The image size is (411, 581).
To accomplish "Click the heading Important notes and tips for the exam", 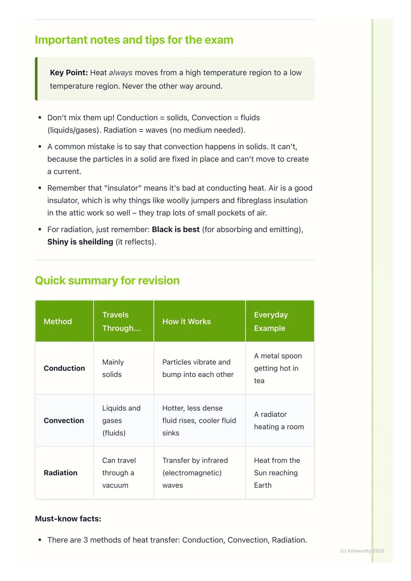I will (x=134, y=40).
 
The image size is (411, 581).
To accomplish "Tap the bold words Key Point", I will (x=68, y=73).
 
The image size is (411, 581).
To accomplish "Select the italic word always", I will (x=121, y=73).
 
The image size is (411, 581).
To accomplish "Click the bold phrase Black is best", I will (x=175, y=229).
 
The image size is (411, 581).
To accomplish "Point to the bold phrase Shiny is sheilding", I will (x=80, y=242).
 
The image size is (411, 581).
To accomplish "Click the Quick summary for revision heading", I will (x=107, y=281).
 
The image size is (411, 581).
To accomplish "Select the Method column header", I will (x=58, y=322).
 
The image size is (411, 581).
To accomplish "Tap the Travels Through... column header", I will (x=121, y=321).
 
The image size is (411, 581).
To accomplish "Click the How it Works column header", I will (x=186, y=322).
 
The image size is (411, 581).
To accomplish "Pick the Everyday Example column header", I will (x=271, y=321).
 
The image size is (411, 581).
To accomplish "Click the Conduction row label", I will (x=64, y=368).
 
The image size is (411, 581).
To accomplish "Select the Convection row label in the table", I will (x=64, y=421).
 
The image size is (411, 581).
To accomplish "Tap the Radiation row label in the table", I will (x=61, y=473).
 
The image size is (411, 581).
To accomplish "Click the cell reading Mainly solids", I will (x=113, y=368).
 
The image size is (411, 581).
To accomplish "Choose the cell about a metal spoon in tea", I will (x=278, y=368).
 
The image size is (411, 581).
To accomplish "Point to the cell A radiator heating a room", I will (x=279, y=421).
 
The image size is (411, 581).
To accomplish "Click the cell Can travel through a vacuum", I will (x=119, y=473).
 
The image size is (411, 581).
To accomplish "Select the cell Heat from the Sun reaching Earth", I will (x=277, y=473).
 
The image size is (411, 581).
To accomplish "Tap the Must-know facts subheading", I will (x=68, y=519).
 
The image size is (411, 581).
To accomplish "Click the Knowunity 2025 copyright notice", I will (x=362, y=551).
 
